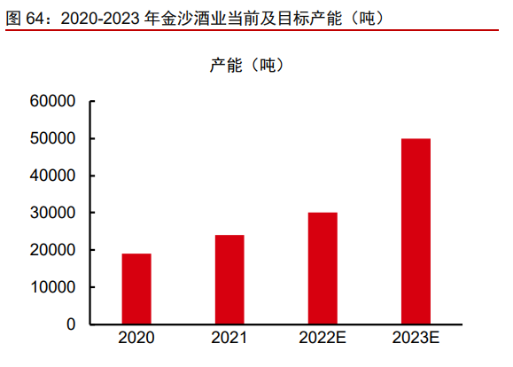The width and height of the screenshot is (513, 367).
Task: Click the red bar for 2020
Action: tap(136, 289)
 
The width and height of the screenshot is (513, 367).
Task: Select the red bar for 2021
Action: tap(229, 279)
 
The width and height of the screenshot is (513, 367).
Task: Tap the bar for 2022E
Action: tap(323, 269)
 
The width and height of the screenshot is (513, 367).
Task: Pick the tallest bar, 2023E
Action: tap(416, 231)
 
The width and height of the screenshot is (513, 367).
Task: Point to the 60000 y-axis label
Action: tap(52, 101)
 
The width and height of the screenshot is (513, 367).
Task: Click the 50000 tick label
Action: tap(52, 138)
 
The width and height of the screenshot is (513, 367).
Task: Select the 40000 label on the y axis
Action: tap(52, 176)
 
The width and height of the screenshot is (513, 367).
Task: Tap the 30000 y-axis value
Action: tap(52, 213)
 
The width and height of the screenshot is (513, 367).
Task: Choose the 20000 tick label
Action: tap(52, 250)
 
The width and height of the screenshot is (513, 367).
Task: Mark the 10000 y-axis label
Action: tap(52, 287)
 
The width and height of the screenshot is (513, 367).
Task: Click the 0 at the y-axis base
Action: tap(71, 324)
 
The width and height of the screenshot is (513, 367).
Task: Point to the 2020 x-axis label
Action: tap(136, 338)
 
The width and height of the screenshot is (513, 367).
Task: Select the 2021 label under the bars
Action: tap(229, 338)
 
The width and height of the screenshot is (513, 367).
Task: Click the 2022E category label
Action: tap(323, 338)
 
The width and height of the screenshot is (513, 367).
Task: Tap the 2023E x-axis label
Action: tap(416, 338)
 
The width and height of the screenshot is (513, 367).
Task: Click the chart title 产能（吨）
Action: tap(247, 65)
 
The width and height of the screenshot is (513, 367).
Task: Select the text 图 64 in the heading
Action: tap(25, 18)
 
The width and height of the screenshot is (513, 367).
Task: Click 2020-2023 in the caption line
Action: tap(100, 19)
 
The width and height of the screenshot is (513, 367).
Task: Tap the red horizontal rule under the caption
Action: tap(252, 30)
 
